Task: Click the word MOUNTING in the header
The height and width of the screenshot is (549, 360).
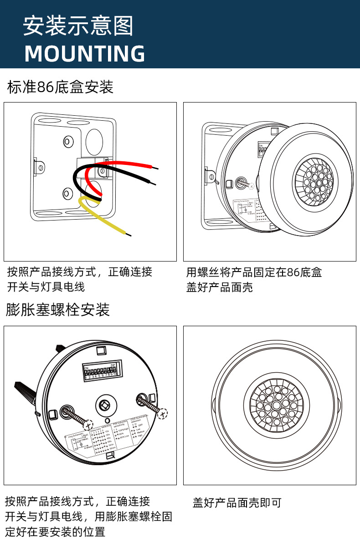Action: tap(85, 54)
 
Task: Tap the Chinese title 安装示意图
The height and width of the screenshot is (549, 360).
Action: tap(78, 26)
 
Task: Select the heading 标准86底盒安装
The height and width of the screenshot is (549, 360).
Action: tap(60, 87)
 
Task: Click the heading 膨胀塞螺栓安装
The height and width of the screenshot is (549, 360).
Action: tap(58, 310)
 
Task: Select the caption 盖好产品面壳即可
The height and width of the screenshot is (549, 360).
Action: tap(237, 503)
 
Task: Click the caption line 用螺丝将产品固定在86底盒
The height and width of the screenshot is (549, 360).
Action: tap(254, 272)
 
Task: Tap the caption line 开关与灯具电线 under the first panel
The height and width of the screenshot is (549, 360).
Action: tap(46, 287)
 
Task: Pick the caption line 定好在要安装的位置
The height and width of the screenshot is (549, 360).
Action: tap(55, 532)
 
